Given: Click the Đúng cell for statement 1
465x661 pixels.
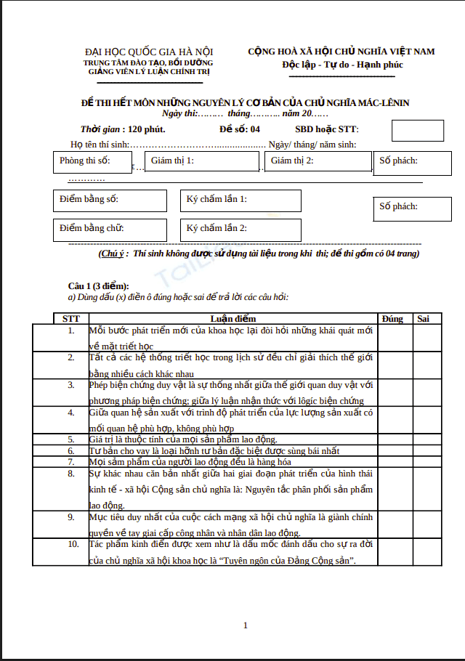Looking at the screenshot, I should [395, 338].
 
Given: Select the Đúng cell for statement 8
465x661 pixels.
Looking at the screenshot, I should [395, 489].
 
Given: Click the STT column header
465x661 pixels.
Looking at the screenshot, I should [71, 318].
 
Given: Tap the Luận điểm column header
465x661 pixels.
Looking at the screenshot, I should [232, 318].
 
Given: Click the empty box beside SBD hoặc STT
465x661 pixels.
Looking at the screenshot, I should [417, 131].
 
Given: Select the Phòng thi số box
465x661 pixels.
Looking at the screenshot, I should [92, 161].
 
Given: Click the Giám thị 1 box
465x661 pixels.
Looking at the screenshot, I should [202, 161].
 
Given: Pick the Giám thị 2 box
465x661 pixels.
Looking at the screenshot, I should [318, 161].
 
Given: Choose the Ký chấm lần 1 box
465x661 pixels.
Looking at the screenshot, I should [240, 200].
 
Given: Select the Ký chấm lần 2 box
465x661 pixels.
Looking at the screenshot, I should [240, 230].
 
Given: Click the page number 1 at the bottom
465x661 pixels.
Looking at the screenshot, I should [246, 625].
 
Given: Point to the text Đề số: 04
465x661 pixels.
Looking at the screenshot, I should [239, 129].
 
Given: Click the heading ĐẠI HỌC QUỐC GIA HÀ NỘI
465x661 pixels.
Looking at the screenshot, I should [149, 52].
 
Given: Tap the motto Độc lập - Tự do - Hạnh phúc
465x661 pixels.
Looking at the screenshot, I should [342, 65].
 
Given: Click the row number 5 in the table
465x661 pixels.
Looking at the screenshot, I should [71, 439].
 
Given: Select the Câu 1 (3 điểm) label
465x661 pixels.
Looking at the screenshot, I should [99, 285].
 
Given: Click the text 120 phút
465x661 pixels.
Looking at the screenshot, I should [146, 129].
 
